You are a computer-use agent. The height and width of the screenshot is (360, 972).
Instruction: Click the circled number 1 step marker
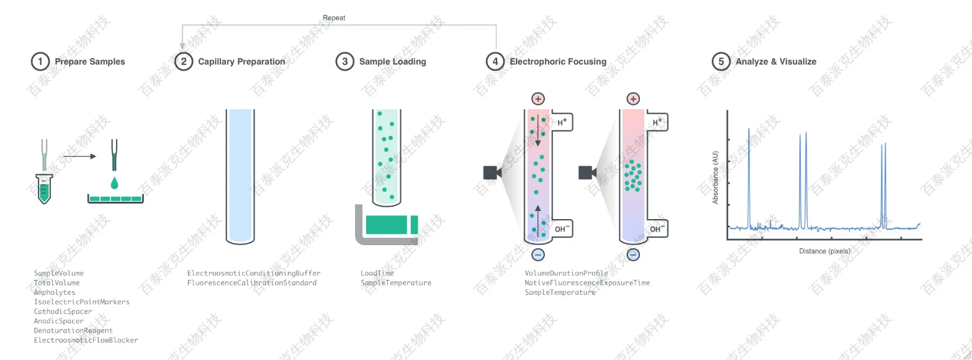pos(40,61)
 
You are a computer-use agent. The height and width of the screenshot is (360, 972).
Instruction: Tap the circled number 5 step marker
pos(721,61)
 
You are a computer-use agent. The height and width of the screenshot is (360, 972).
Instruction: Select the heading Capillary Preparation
pos(241,61)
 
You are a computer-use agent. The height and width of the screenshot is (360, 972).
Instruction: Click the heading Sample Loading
pos(392,61)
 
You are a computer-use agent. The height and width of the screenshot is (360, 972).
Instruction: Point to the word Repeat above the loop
pos(334,18)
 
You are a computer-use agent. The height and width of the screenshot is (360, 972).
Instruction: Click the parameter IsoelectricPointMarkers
pos(82,302)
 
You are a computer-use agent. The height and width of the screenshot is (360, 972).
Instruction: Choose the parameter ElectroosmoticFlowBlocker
pos(86,340)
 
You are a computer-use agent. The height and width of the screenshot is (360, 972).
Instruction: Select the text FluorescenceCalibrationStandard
pos(252,283)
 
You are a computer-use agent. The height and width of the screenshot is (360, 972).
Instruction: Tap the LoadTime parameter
pos(377,273)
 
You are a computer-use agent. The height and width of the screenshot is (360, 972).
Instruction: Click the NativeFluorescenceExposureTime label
pos(587,283)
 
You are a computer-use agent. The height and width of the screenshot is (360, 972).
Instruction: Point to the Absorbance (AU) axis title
pos(715,178)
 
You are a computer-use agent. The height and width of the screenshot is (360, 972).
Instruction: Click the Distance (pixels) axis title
pos(824,251)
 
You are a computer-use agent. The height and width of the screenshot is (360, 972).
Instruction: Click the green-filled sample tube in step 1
pos(43,189)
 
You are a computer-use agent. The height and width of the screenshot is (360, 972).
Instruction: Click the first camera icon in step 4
pos(492,173)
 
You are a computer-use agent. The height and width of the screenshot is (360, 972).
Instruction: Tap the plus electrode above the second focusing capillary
pos(633,99)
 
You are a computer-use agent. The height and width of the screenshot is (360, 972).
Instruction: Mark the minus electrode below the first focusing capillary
pos(538,254)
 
